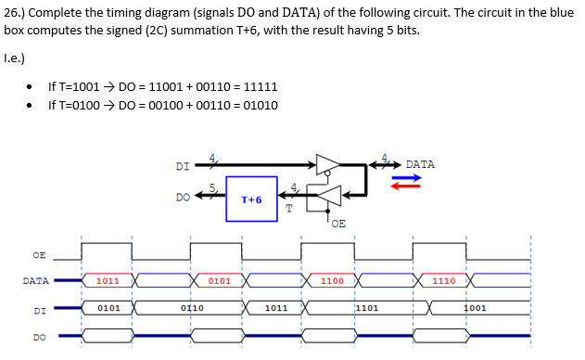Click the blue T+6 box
251,199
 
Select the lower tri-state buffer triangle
329,194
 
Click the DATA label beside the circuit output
419,164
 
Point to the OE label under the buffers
337,223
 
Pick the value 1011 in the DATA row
107,279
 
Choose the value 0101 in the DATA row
219,279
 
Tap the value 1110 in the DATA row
443,279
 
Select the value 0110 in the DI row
191,307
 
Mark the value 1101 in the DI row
366,307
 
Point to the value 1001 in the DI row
475,307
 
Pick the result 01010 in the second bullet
259,105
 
